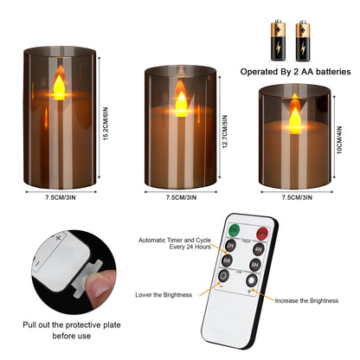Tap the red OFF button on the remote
(259, 230)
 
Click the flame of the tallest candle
(60, 86)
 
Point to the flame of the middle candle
(182, 101)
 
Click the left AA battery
(283, 39)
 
